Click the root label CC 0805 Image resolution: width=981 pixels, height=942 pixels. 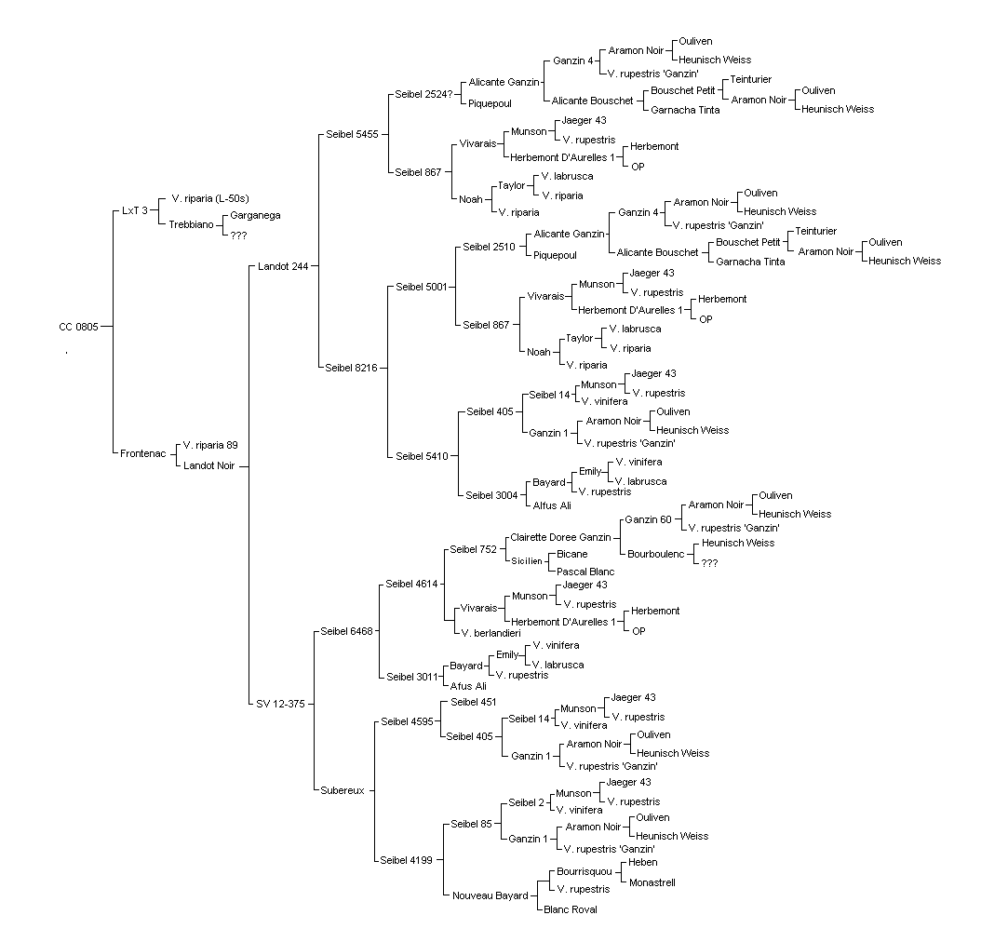pyautogui.click(x=78, y=327)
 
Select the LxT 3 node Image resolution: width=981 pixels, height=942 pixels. pyautogui.click(x=135, y=210)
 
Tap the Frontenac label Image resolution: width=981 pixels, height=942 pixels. pyautogui.click(x=143, y=453)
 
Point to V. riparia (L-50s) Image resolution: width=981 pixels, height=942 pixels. pyautogui.click(x=210, y=198)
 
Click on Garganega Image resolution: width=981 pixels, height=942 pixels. pyautogui.click(x=255, y=215)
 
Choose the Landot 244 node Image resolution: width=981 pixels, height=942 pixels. pyautogui.click(x=283, y=266)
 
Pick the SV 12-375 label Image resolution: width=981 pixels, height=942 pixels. pyautogui.click(x=280, y=704)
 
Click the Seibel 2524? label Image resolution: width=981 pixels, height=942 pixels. pyautogui.click(x=423, y=94)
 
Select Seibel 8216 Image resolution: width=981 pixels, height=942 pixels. pyautogui.click(x=351, y=368)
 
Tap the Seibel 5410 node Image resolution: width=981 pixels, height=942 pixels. pyautogui.click(x=422, y=457)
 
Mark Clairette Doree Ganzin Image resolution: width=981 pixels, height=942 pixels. pyautogui.click(x=560, y=537)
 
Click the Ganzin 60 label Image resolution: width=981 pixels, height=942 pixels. pyautogui.click(x=648, y=519)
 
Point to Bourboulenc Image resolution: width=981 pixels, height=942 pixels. pyautogui.click(x=656, y=554)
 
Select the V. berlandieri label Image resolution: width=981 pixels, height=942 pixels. pyautogui.click(x=491, y=633)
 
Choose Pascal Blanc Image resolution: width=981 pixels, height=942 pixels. pyautogui.click(x=585, y=572)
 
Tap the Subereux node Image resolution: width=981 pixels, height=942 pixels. pyautogui.click(x=343, y=790)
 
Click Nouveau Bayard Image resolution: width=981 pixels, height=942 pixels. pyautogui.click(x=490, y=895)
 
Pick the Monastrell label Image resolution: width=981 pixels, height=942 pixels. pyautogui.click(x=652, y=882)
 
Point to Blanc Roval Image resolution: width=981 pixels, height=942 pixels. pyautogui.click(x=571, y=909)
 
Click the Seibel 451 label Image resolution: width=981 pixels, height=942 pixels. pyautogui.click(x=473, y=702)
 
